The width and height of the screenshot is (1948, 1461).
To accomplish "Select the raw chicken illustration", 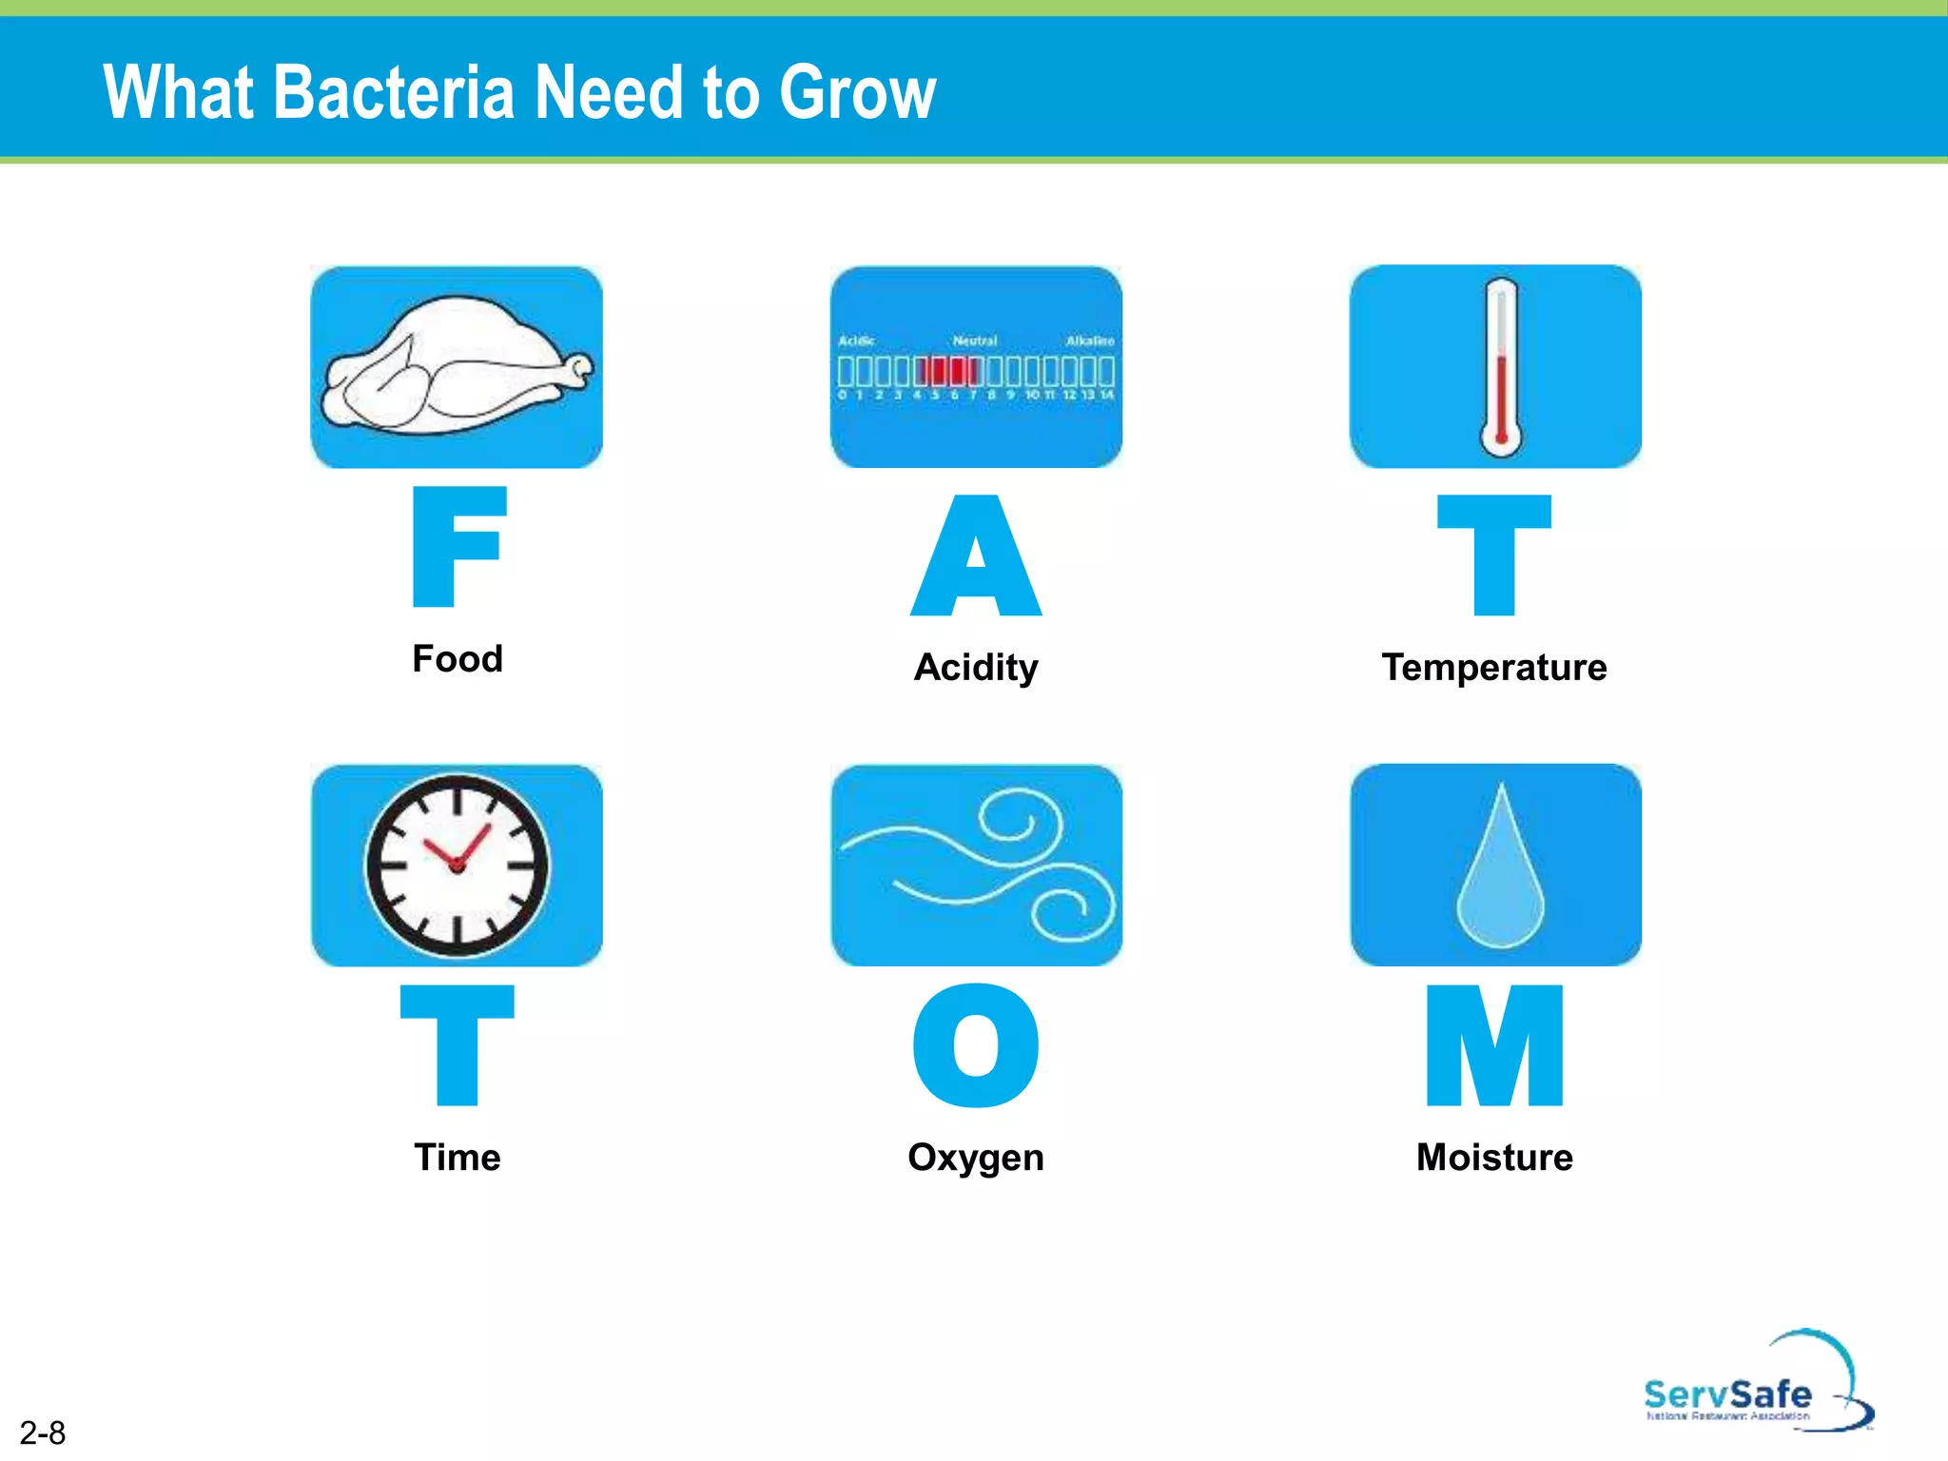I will click(x=455, y=366).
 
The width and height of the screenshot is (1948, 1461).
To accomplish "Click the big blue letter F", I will click(x=458, y=547).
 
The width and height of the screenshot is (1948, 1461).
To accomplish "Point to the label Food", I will click(x=458, y=658).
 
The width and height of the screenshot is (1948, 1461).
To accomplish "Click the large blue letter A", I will click(x=976, y=556).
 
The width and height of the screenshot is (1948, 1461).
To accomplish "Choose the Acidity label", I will click(x=976, y=668).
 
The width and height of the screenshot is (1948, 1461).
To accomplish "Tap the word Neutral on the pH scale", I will click(x=975, y=341).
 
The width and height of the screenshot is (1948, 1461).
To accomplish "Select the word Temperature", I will click(x=1494, y=668).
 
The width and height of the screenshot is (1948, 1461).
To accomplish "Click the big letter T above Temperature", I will click(x=1493, y=556).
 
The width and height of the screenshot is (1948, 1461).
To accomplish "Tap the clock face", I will click(x=458, y=865).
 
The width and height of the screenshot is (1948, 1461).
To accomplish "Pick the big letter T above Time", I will click(x=458, y=1045).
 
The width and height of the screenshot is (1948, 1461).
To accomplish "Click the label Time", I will click(x=458, y=1158).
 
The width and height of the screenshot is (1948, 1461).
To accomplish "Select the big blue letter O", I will click(x=976, y=1045).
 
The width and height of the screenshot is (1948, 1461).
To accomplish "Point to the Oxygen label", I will click(x=976, y=1158).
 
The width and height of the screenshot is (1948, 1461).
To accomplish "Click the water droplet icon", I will click(x=1500, y=870).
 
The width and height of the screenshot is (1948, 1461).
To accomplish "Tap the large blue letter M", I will click(x=1494, y=1045).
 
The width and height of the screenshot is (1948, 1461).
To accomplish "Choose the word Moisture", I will click(x=1494, y=1158).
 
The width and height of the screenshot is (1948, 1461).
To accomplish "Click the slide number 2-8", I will click(x=43, y=1432).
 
